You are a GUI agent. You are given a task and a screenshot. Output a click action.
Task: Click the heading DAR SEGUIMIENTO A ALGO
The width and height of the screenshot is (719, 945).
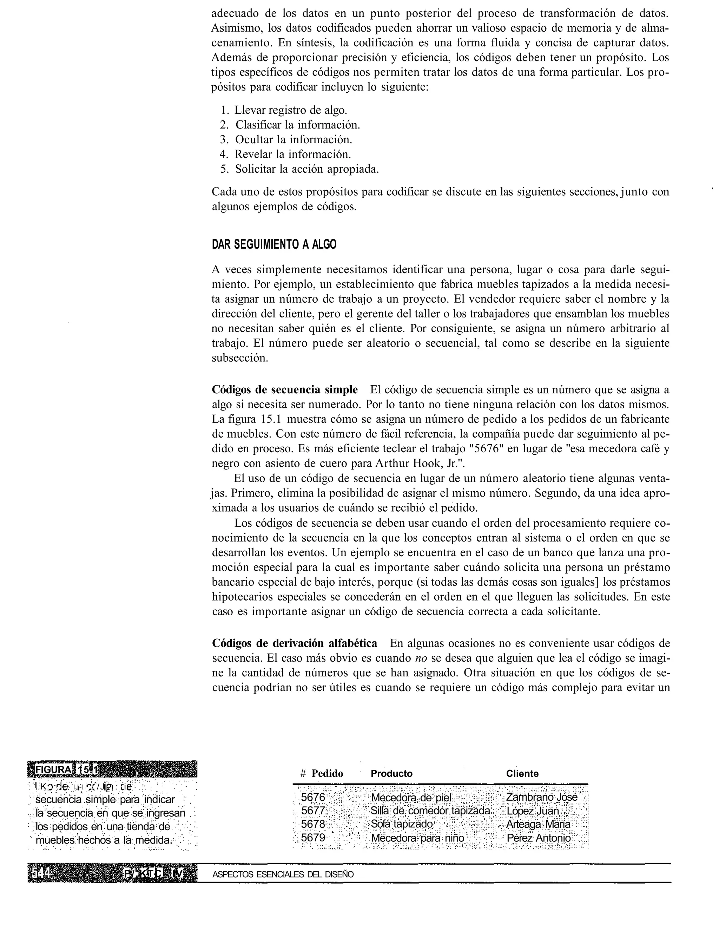click(x=274, y=245)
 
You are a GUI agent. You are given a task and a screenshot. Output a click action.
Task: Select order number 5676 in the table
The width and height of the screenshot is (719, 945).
click(x=313, y=798)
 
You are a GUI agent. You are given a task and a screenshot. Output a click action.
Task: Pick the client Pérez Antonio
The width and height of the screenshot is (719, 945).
click(x=539, y=838)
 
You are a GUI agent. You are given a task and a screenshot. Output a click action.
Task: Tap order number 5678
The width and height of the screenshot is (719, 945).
click(x=313, y=824)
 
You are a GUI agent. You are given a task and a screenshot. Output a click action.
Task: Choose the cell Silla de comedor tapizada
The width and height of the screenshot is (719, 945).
click(x=430, y=811)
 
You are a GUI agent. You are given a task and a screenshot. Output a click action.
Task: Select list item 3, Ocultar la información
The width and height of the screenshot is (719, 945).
click(x=293, y=139)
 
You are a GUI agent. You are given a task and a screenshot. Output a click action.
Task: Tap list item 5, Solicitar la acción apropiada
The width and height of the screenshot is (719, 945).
click(x=306, y=169)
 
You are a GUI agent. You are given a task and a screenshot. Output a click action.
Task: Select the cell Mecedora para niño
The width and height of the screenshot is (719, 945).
click(x=417, y=838)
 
